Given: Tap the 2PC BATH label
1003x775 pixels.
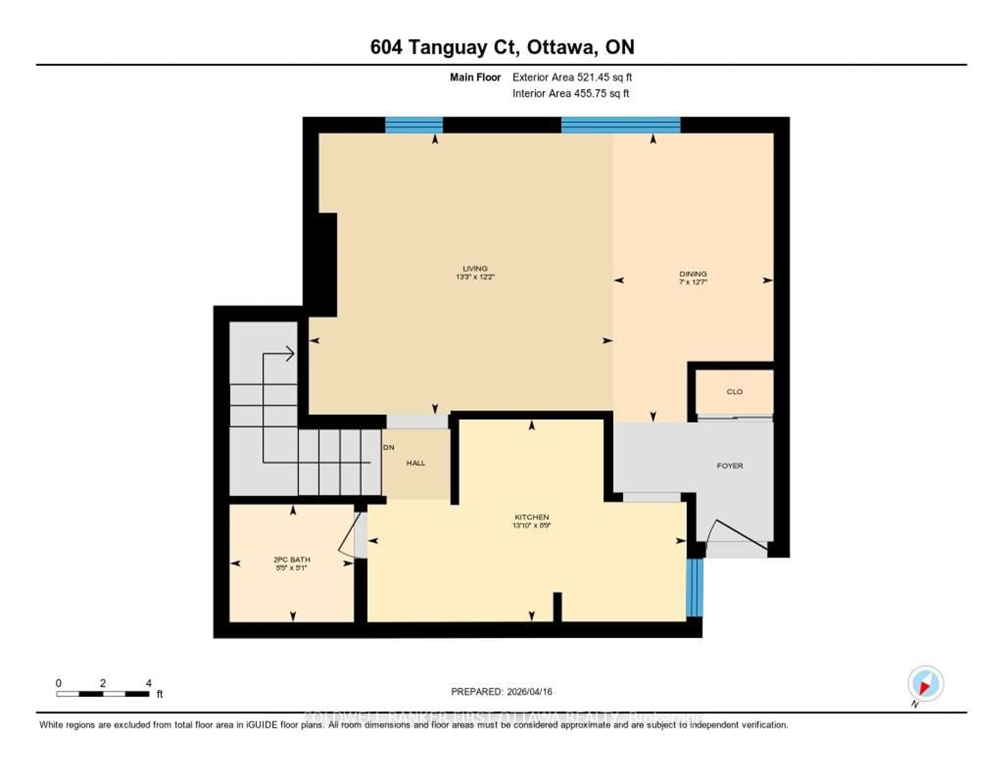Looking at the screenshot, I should [x=291, y=559].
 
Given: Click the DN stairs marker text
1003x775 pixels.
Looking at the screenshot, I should [x=388, y=447].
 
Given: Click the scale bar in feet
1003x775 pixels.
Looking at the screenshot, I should [x=103, y=694].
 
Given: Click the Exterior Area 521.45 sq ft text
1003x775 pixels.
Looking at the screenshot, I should [x=572, y=77].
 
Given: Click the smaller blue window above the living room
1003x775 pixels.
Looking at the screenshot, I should [x=413, y=125].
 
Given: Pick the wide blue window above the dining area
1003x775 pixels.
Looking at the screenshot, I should [x=620, y=125].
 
